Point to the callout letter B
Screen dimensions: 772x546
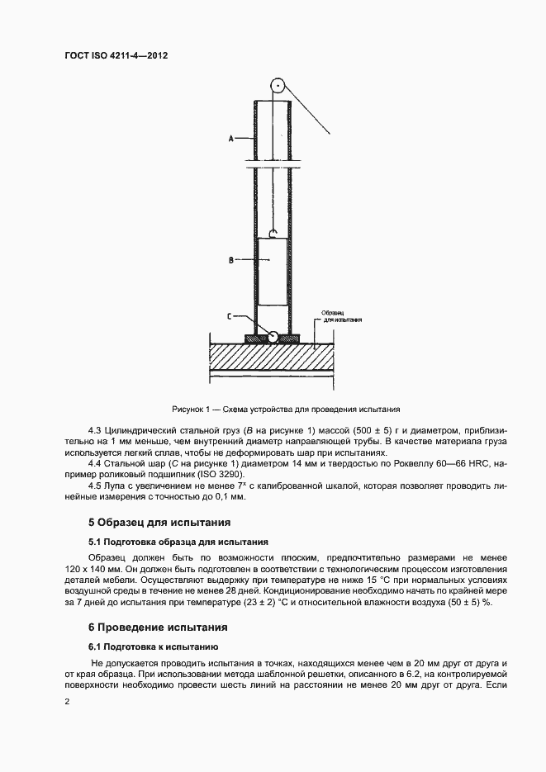point(231,260)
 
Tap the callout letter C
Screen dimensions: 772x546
point(231,316)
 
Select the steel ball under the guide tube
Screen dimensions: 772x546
point(272,335)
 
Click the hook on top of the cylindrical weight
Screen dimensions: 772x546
point(272,234)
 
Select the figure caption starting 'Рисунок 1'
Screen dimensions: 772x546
point(286,409)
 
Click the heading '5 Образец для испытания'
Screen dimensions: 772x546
point(159,523)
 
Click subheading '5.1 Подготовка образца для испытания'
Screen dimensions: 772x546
point(178,542)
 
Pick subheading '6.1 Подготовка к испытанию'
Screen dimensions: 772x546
point(153,646)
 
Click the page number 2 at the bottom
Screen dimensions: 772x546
point(66,701)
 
